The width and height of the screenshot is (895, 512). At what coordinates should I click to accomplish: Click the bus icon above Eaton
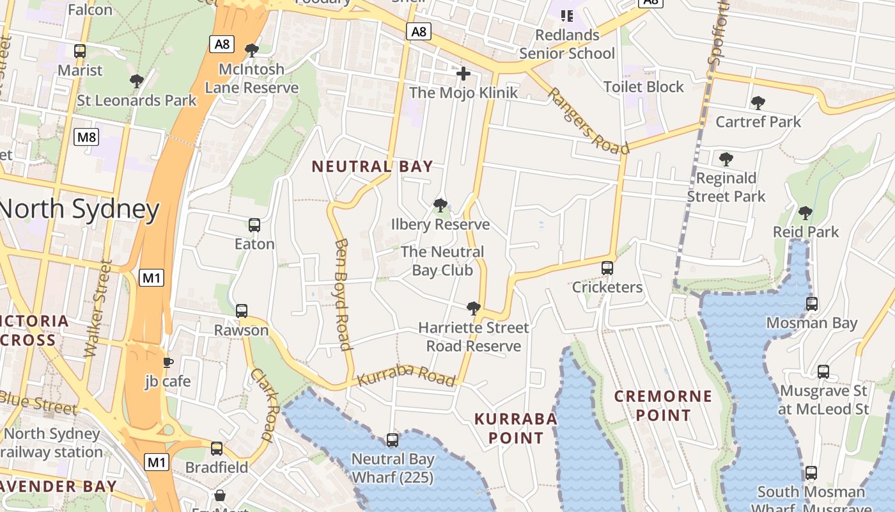click(254, 225)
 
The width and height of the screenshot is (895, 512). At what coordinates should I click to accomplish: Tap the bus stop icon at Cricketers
click(607, 268)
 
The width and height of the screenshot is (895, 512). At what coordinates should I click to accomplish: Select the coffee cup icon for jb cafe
click(167, 363)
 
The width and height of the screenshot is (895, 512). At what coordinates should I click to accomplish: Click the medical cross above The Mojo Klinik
click(463, 74)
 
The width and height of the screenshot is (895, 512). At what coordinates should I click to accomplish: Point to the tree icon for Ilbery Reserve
click(440, 205)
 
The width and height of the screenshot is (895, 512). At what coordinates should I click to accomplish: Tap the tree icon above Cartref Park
click(758, 103)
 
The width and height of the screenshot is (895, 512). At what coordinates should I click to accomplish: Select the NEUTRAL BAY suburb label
click(372, 166)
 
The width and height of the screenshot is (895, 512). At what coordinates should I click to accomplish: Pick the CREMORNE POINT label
click(663, 406)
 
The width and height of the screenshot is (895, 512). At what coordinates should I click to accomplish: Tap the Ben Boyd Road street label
click(343, 294)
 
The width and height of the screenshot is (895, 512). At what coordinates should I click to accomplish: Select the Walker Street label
click(98, 308)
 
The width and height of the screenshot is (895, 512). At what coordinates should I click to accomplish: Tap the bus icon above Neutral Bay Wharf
click(393, 440)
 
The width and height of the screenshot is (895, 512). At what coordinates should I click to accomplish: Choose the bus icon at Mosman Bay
click(811, 304)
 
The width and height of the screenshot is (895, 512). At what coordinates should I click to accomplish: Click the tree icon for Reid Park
click(805, 213)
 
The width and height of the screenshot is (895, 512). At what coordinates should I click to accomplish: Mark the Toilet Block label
click(643, 87)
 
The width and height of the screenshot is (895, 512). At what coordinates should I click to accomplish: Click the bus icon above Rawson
click(242, 311)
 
